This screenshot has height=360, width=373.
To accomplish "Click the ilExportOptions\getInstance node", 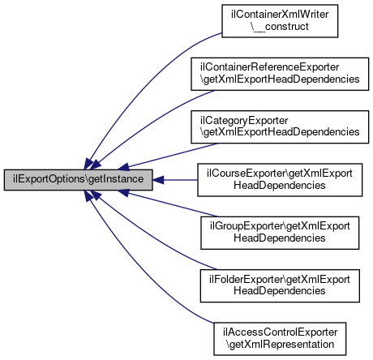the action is (79, 180).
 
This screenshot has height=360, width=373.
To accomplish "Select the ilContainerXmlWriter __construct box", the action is (280, 21).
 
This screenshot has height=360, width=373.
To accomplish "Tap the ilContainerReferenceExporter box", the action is (280, 74).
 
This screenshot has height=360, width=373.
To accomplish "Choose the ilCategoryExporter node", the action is (280, 126).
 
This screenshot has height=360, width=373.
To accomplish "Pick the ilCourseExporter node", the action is (280, 180).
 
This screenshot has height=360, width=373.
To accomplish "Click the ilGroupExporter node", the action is (280, 233).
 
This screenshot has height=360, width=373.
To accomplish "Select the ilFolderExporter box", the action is (280, 285).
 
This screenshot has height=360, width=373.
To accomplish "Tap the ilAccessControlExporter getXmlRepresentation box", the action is (280, 339).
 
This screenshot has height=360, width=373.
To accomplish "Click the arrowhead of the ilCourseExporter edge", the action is (158, 180).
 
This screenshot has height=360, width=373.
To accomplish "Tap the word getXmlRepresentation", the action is (280, 345).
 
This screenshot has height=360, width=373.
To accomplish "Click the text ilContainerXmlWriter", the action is (280, 15).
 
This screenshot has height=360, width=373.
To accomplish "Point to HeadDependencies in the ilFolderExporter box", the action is (280, 291).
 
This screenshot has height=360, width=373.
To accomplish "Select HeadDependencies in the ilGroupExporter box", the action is (280, 238).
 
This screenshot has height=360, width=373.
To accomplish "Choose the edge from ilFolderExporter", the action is (152, 238).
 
